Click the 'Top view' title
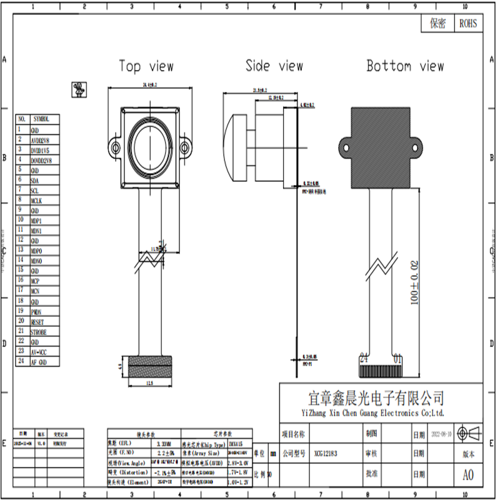[x=146, y=66]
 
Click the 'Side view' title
[x=274, y=66]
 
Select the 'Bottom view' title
[x=405, y=66]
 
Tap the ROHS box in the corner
[x=467, y=24]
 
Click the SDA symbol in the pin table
[x=35, y=180]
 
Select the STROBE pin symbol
[x=38, y=332]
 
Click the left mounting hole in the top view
[x=115, y=147]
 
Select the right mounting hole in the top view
[x=186, y=147]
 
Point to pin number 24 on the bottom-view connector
[x=364, y=358]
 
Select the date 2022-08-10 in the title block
[x=445, y=434]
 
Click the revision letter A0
[x=467, y=476]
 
